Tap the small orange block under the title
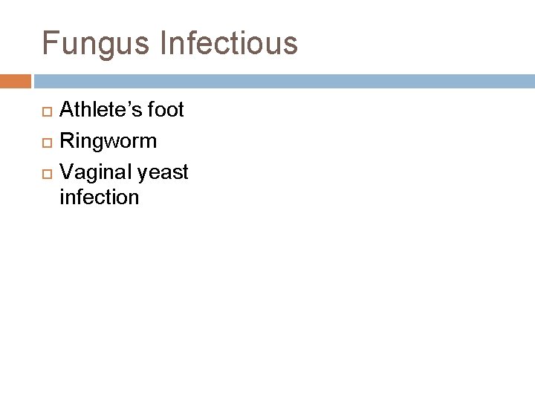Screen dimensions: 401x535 (16, 80)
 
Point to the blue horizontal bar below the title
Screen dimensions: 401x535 (282, 80)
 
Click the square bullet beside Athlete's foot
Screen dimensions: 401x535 (45, 111)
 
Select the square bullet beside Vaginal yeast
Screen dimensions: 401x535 (45, 173)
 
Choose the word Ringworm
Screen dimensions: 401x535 (108, 141)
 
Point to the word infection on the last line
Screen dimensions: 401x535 (99, 197)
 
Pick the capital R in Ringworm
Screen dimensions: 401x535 (66, 141)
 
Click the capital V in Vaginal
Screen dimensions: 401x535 (66, 172)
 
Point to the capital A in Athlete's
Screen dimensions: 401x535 (66, 111)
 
